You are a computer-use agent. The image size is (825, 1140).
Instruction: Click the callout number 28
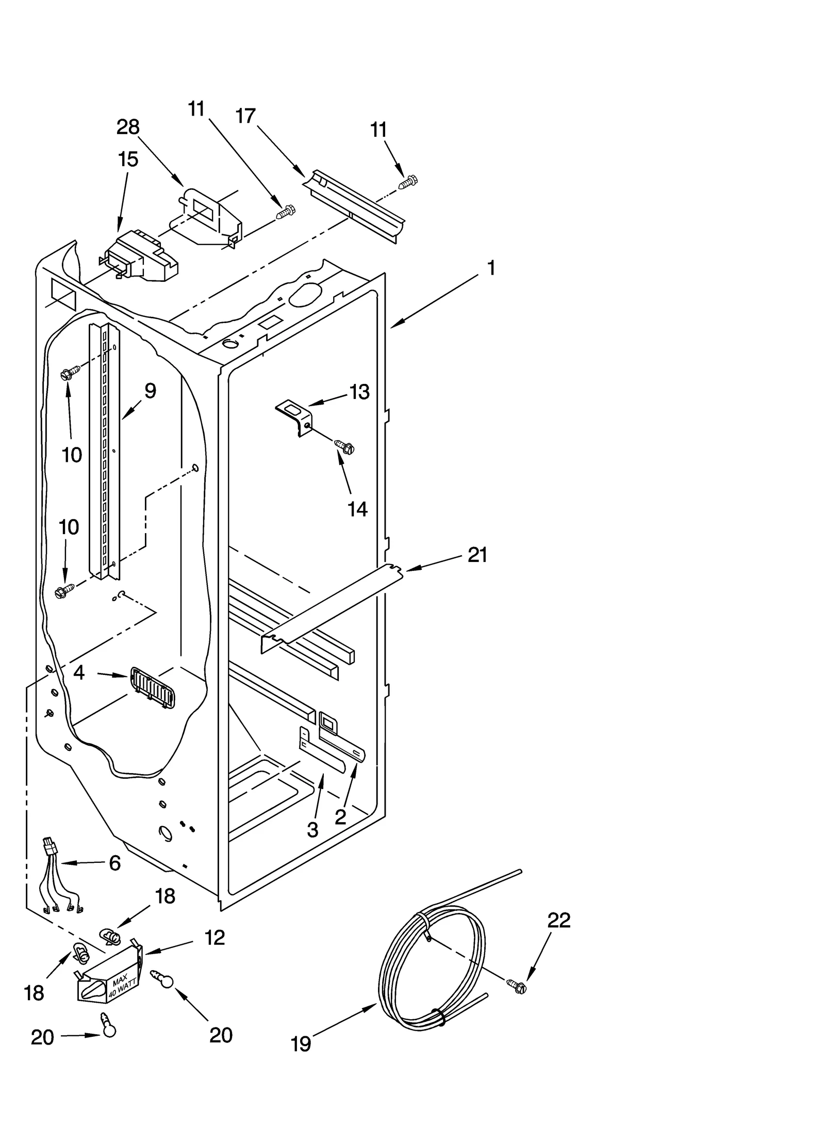pyautogui.click(x=128, y=127)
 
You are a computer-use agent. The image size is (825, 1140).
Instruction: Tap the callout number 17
pyautogui.click(x=246, y=116)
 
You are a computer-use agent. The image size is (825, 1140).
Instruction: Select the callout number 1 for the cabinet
pyautogui.click(x=491, y=268)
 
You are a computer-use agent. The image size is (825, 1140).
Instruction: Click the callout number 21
pyautogui.click(x=477, y=555)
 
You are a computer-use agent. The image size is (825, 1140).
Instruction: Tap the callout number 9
pyautogui.click(x=150, y=391)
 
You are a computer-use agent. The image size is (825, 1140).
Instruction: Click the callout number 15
pyautogui.click(x=128, y=159)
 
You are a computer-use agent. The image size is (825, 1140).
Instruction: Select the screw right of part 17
pyautogui.click(x=408, y=182)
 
